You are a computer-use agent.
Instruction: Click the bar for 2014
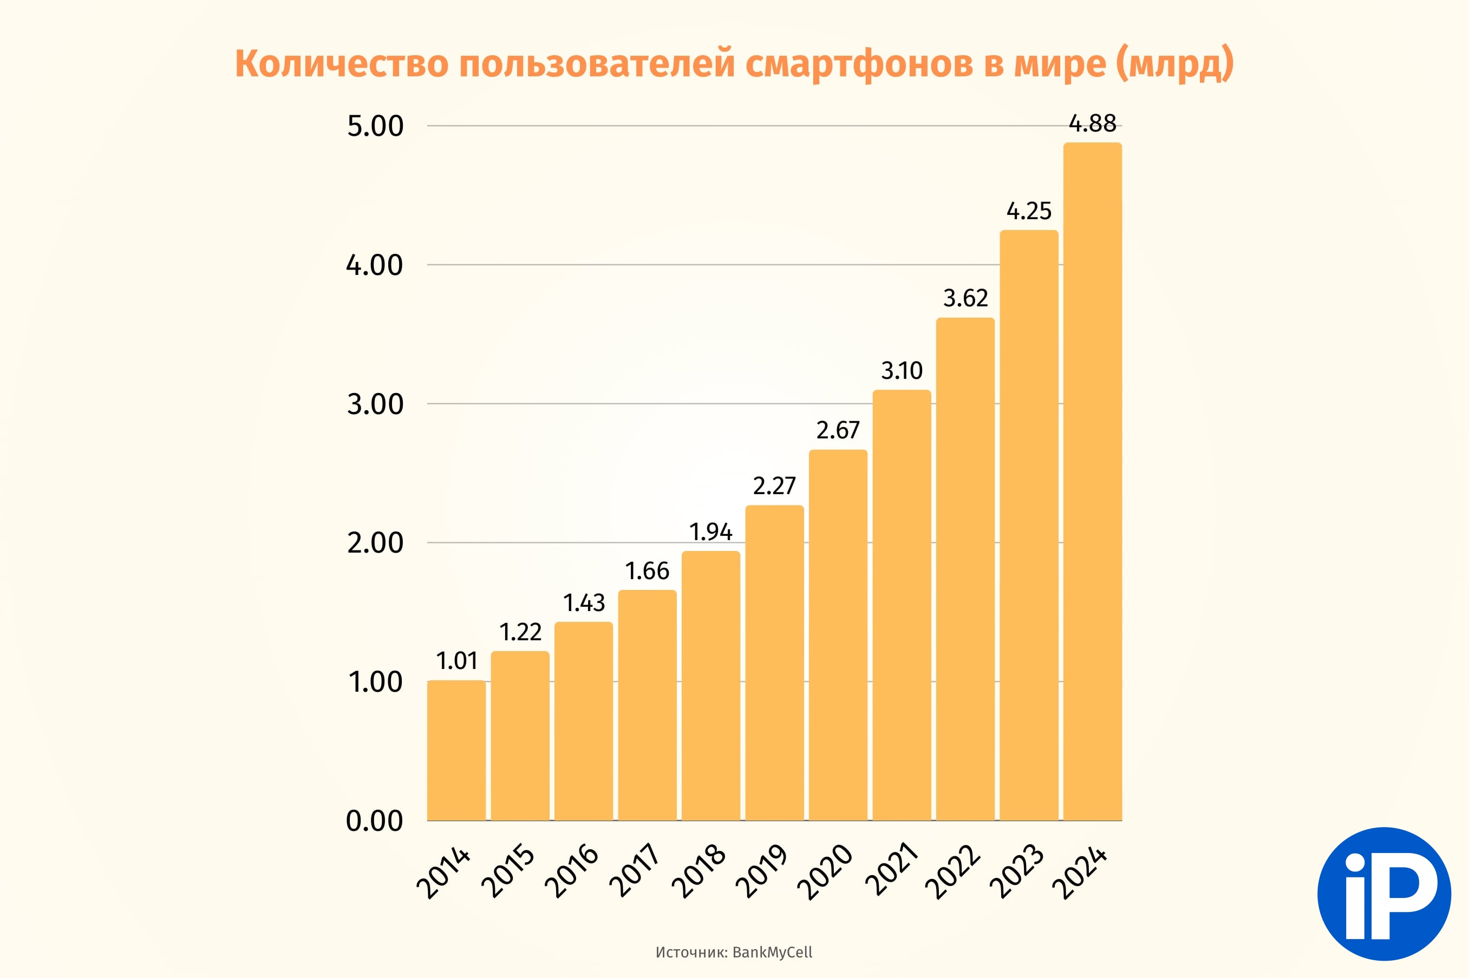(x=456, y=750)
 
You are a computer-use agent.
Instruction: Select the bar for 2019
(x=774, y=662)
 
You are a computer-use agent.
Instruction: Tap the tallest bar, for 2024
(x=1093, y=482)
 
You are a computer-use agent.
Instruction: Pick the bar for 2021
(x=902, y=605)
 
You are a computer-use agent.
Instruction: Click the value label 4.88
(x=1093, y=123)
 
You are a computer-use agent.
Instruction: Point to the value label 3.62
(x=965, y=298)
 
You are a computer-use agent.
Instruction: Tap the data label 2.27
(x=774, y=486)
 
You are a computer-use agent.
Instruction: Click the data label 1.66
(x=647, y=570)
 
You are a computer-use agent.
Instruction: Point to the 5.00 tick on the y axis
(x=375, y=126)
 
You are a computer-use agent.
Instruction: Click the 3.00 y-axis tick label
(x=375, y=404)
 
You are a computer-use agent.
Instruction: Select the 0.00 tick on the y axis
(x=375, y=821)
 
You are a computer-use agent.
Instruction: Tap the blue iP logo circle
(x=1384, y=894)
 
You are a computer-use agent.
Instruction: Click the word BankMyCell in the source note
(x=773, y=953)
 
